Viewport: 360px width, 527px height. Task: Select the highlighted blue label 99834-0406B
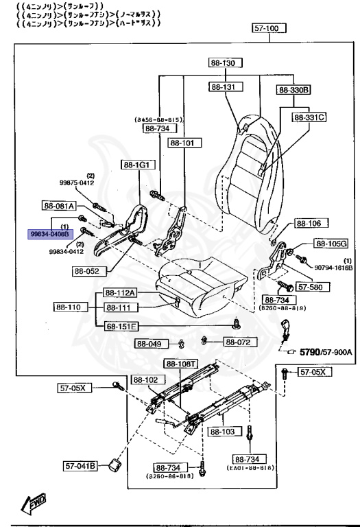(49, 234)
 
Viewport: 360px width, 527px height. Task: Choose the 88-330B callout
(293, 90)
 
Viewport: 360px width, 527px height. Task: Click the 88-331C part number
(309, 117)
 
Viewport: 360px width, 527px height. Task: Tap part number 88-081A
(60, 205)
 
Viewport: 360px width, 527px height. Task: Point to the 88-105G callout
(331, 244)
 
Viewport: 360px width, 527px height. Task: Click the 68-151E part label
(121, 326)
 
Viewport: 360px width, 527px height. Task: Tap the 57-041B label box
(81, 465)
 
